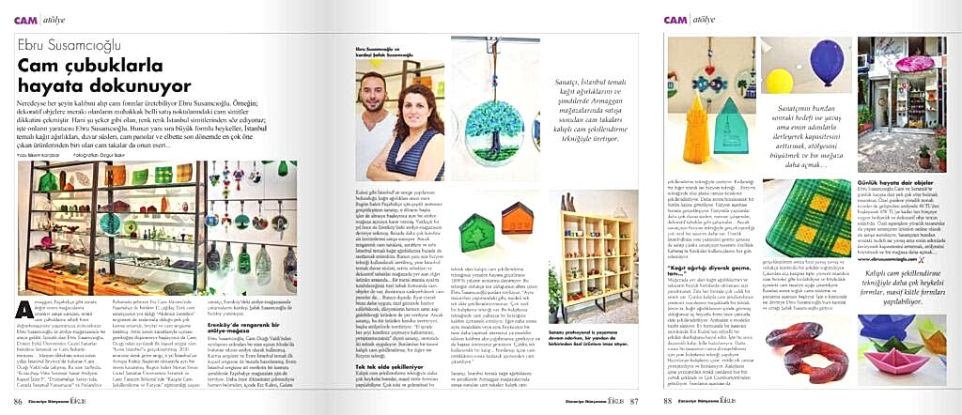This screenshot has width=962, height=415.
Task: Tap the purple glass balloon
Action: pyautogui.click(x=812, y=59)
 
